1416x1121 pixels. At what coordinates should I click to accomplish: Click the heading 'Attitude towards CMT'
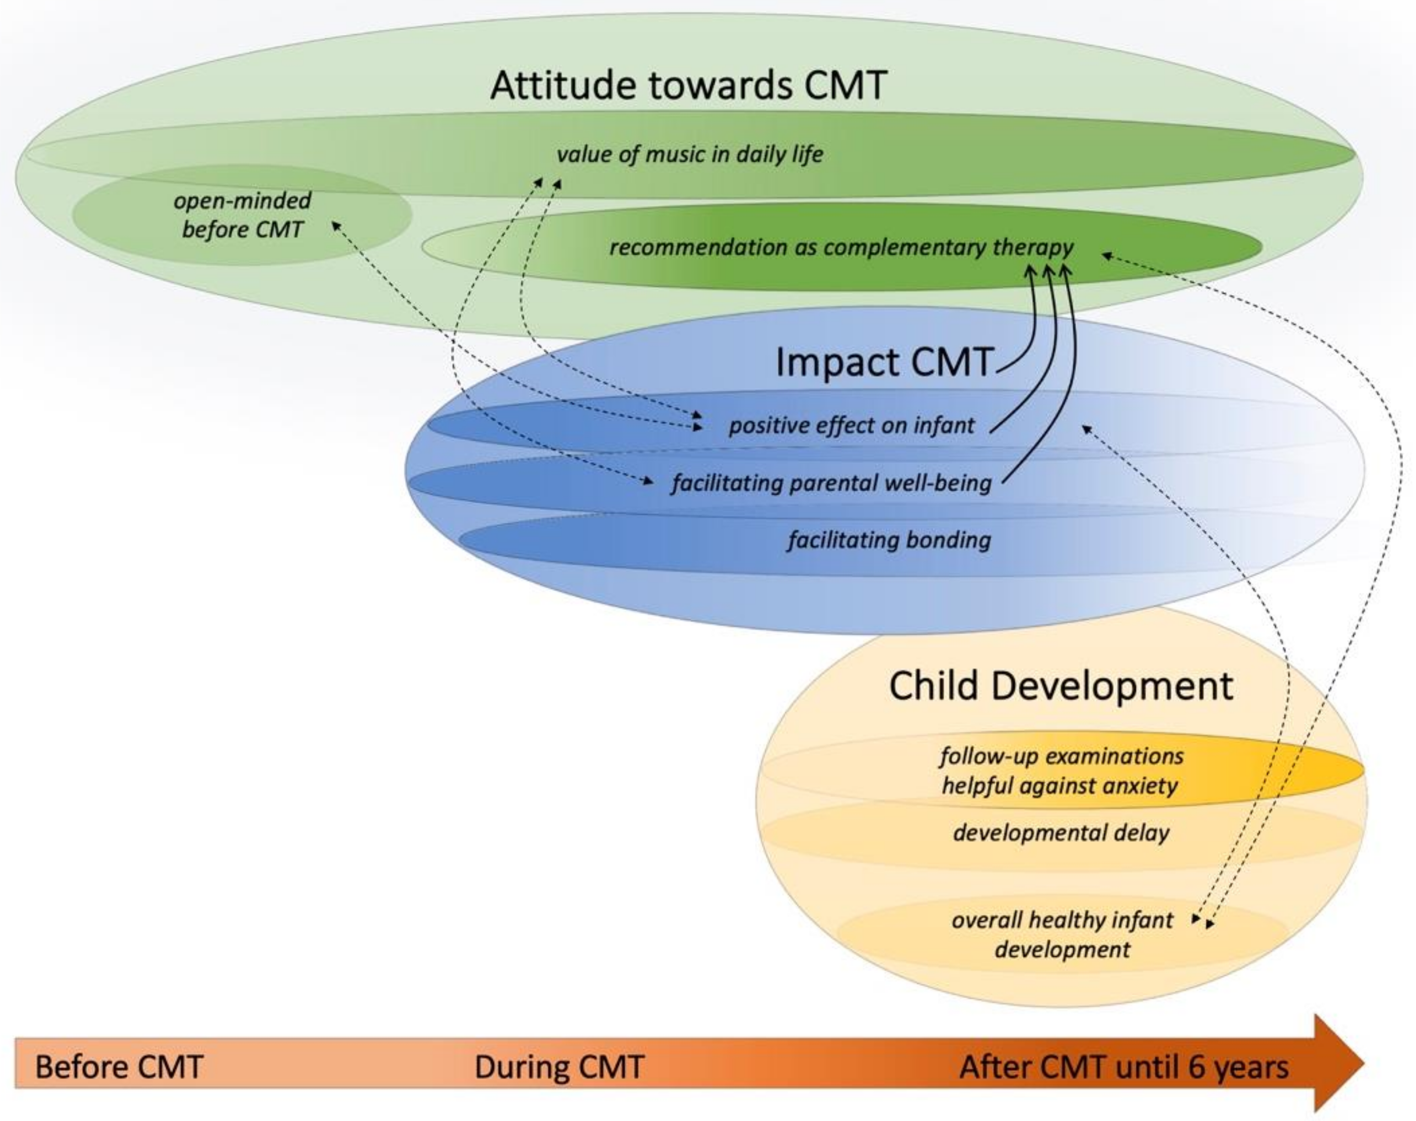point(688,85)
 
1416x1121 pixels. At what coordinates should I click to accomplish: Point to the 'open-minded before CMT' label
point(242,215)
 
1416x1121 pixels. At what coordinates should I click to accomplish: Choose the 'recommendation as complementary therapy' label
point(841,247)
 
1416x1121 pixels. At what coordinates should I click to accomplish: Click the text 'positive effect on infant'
point(851,425)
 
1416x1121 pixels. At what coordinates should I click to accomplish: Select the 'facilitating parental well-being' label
point(831,483)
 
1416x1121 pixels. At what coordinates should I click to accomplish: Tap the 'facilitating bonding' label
point(889,540)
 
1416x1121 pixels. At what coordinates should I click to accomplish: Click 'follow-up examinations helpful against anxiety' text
point(1061,771)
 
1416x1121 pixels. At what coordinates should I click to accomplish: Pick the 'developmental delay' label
point(1061,833)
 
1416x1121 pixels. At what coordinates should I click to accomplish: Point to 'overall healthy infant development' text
point(1062,935)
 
